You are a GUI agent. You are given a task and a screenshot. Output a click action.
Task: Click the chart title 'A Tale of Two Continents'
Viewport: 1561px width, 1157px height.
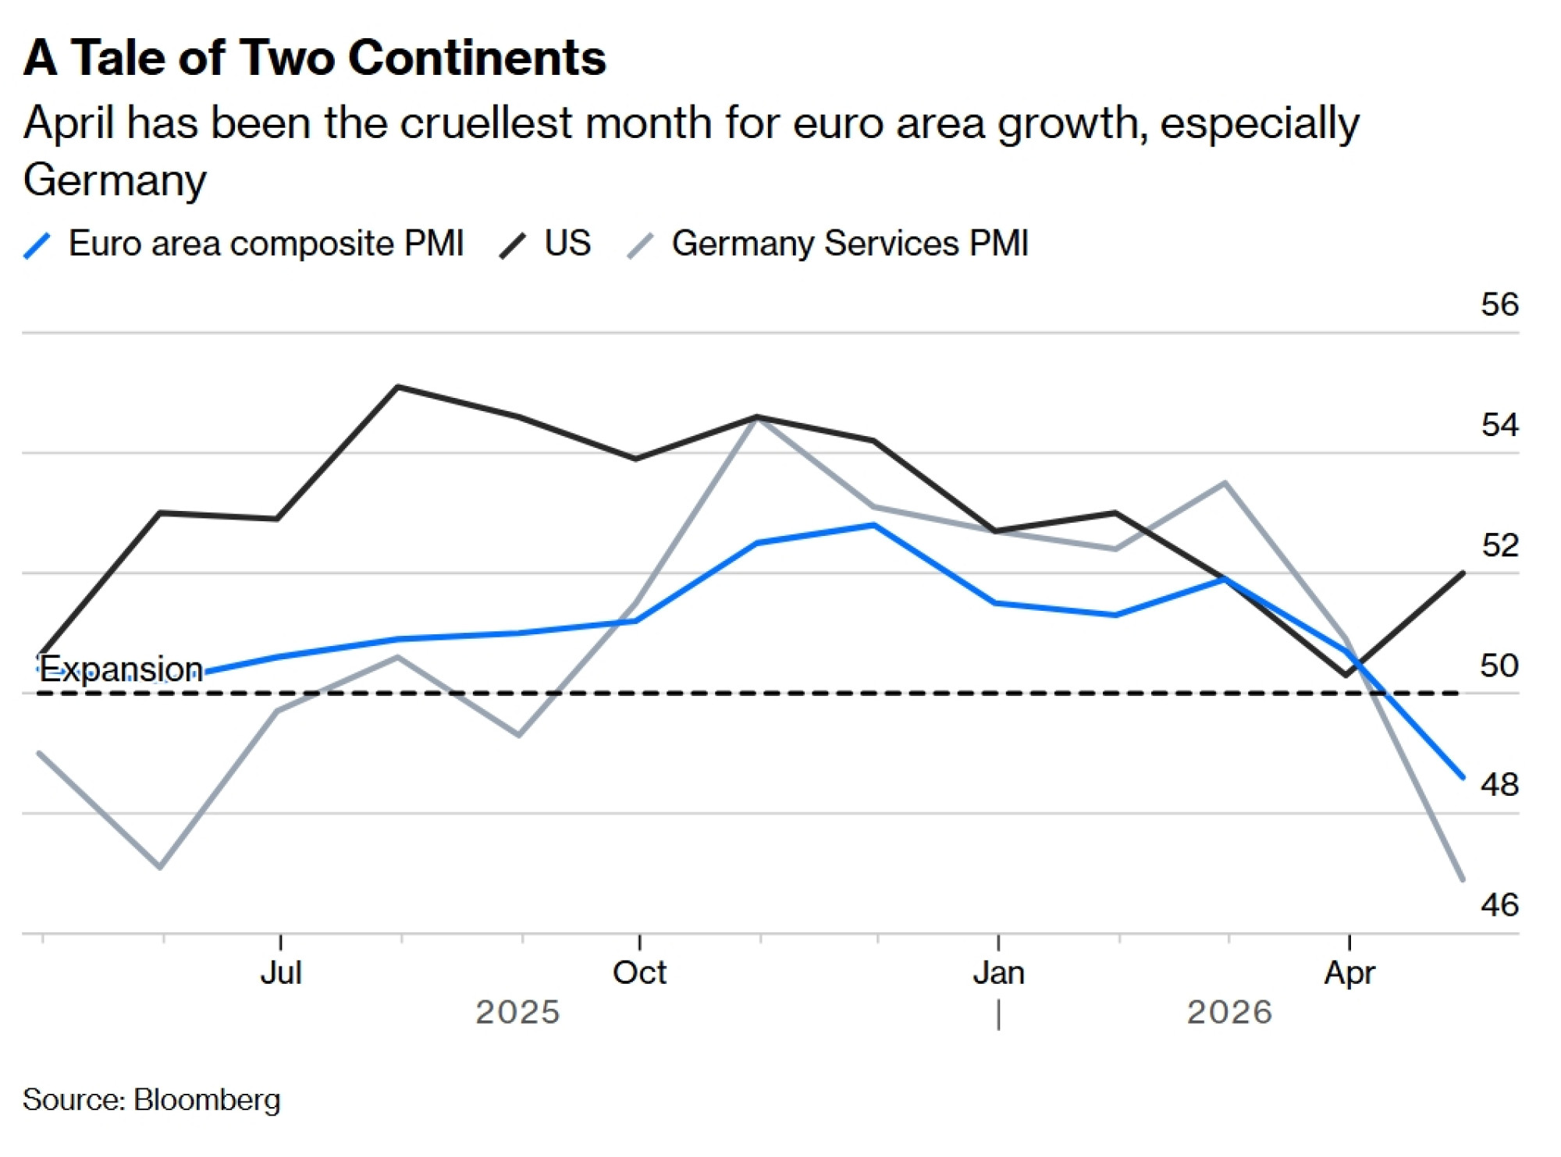tap(315, 58)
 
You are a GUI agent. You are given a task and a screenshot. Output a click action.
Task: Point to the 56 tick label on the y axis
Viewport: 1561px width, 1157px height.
tap(1499, 304)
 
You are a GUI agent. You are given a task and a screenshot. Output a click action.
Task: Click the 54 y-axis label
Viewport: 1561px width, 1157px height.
tap(1499, 425)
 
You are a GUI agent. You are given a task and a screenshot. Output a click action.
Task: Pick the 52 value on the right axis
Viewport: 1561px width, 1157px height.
tap(1499, 545)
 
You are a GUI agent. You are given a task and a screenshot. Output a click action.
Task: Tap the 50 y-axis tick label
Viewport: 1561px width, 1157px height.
tap(1499, 665)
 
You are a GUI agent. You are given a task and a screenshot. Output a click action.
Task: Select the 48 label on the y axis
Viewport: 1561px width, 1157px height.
tap(1499, 785)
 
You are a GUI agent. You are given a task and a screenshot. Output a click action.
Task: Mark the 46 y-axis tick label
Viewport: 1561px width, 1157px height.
tap(1499, 905)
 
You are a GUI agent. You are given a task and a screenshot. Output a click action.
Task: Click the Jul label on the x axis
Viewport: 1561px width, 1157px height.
tap(280, 973)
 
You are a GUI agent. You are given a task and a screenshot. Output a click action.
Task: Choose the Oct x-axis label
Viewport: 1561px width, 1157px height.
tap(639, 973)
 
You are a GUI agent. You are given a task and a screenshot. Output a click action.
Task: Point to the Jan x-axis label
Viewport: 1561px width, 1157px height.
tap(998, 973)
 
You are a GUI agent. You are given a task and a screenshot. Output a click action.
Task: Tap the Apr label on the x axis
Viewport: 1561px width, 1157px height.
tap(1349, 973)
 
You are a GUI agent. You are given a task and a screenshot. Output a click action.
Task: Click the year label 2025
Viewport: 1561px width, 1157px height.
tap(517, 1013)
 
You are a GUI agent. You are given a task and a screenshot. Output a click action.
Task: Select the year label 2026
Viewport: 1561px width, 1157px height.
tap(1229, 1013)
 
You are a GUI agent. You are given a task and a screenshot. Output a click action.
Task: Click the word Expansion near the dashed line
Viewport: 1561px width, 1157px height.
tap(121, 669)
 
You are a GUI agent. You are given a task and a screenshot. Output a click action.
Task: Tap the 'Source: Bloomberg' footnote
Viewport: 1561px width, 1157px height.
tap(151, 1100)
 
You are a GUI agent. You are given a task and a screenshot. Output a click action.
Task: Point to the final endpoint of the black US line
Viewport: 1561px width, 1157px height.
tap(1463, 573)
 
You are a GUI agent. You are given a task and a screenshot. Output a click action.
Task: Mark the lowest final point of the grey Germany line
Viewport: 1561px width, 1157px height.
tap(1463, 880)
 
